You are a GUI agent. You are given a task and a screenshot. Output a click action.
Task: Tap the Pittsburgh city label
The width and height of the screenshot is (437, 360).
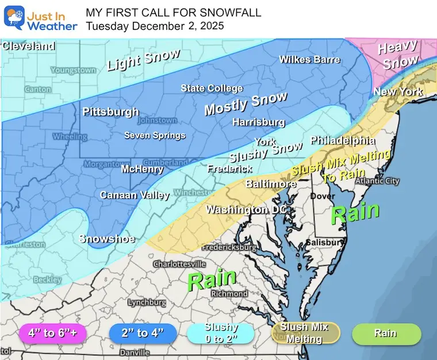coord(110,112)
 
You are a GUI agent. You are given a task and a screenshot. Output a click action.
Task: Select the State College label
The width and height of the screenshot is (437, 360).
coord(212,89)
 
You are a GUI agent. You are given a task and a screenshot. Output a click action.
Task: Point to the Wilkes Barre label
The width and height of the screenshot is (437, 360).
coord(309,59)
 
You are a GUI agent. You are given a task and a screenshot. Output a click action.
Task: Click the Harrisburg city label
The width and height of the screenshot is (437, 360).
coord(258,122)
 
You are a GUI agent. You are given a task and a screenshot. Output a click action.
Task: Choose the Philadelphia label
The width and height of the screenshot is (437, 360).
coord(343,140)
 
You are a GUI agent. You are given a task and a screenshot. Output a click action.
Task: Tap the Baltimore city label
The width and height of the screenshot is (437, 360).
coord(271,184)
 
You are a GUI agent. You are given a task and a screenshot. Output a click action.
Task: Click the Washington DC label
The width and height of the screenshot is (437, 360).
coord(246,210)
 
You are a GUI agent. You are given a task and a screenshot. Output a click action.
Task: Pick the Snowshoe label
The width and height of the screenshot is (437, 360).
coord(107,239)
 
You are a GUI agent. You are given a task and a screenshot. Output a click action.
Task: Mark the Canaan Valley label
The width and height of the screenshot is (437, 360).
coord(135,196)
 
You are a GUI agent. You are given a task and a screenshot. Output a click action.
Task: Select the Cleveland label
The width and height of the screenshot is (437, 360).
coord(28,46)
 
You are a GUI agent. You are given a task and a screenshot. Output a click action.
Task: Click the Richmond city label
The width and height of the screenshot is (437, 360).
coord(229,293)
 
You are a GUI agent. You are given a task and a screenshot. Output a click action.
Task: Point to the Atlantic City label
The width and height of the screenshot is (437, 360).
coord(377,181)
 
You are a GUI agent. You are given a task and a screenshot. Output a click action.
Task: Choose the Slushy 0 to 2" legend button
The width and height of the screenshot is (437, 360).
coord(220,332)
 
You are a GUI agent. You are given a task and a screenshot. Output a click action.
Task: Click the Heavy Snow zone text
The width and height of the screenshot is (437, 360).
coord(398,55)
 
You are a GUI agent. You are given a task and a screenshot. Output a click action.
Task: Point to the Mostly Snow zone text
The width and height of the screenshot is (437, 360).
coord(246,104)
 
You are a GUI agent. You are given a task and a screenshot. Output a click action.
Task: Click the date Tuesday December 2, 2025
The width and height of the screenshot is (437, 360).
coord(155,26)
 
